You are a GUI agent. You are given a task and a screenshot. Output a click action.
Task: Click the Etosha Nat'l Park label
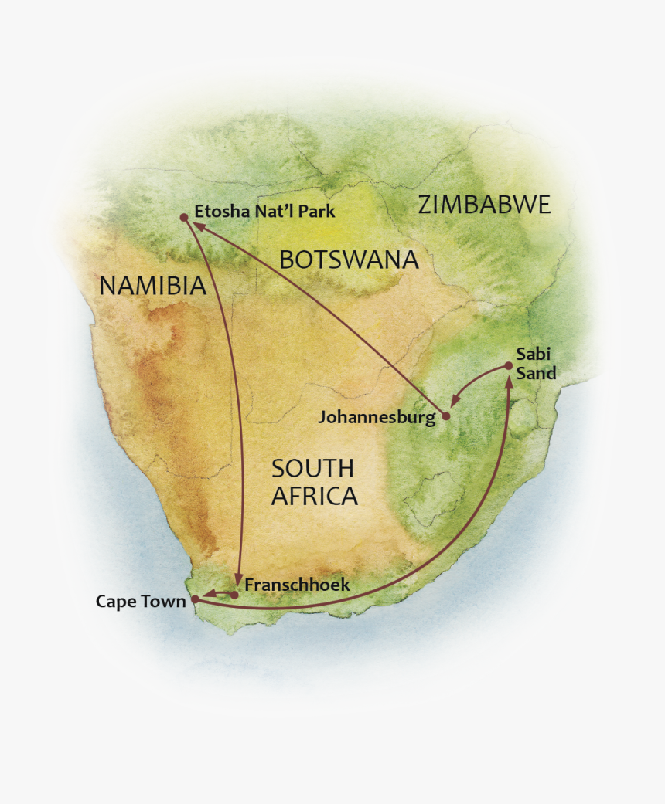click(265, 211)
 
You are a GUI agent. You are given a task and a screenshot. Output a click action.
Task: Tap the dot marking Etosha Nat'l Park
click(183, 218)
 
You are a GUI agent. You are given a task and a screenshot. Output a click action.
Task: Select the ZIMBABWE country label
click(484, 205)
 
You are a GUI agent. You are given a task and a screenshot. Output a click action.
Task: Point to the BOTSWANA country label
click(349, 260)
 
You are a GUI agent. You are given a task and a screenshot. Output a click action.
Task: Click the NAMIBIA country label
click(152, 287)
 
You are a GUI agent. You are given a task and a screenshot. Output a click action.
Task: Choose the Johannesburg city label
click(377, 418)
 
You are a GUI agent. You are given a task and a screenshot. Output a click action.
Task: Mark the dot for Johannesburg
click(445, 416)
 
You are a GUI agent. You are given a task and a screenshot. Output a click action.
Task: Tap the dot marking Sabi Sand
click(508, 365)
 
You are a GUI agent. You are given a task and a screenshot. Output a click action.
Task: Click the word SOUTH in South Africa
click(312, 468)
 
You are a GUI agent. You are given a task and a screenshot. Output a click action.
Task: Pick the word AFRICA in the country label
click(314, 496)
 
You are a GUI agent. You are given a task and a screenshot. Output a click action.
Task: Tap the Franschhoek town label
click(297, 585)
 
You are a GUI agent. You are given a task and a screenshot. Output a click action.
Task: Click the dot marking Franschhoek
click(234, 595)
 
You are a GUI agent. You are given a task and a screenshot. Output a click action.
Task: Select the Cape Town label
click(141, 601)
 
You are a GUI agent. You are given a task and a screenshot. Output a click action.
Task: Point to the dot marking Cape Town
click(196, 599)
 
